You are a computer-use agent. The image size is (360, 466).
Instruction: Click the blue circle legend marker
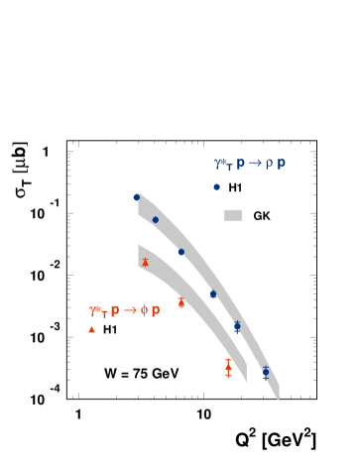pos(216,186)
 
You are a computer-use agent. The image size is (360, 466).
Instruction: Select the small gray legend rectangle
pos(233,215)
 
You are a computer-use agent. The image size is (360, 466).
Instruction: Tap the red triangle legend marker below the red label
pos(91,329)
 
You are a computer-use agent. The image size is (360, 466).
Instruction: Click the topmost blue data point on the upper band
pos(137,197)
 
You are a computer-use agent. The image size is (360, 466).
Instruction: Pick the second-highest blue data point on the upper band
pos(156,220)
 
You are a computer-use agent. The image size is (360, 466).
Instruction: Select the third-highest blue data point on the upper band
pos(180,252)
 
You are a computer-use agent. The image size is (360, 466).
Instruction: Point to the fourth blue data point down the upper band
pos(213,294)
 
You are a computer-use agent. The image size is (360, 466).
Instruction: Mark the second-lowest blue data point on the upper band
pos(237,325)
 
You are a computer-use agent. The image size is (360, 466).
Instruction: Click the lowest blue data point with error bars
pos(265,372)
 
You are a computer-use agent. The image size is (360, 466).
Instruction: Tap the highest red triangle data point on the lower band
pos(145,263)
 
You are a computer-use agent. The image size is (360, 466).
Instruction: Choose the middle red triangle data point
pos(180,302)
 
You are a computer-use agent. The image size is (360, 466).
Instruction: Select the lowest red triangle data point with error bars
pos(228,368)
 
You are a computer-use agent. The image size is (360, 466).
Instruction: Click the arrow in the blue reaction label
pos(255,164)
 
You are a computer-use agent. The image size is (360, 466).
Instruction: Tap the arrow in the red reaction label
pos(130,310)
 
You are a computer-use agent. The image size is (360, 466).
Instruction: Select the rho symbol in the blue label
pos(269,165)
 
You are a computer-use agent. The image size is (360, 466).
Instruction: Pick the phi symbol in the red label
pos(144,310)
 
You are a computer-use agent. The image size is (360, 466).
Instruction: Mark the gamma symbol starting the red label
pos(94,310)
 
